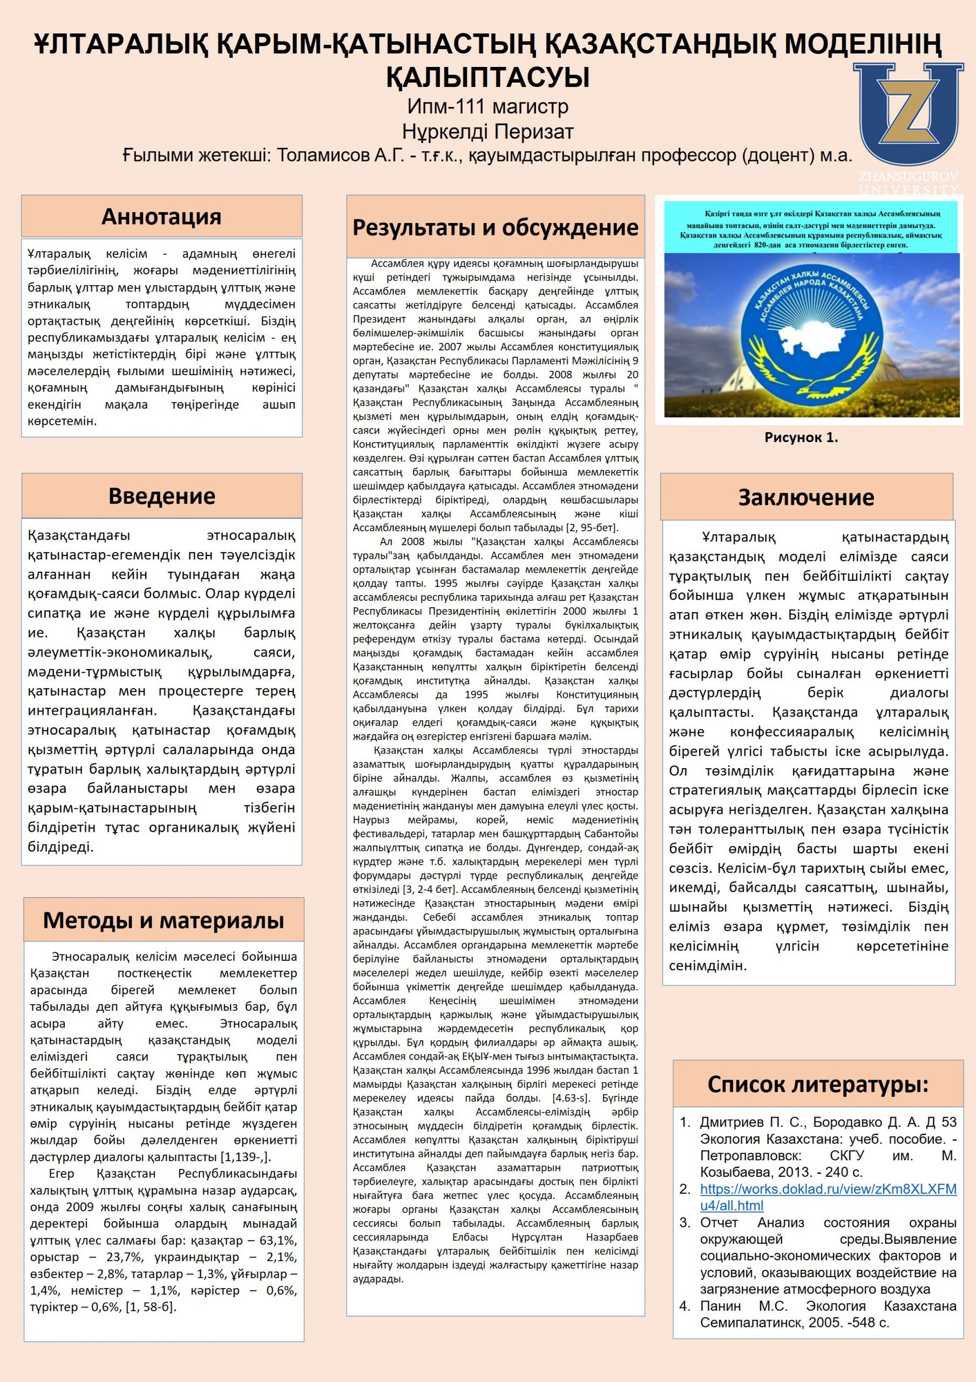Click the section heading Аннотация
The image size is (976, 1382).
click(x=161, y=216)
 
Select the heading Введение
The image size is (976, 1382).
click(x=161, y=496)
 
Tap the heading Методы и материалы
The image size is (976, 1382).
click(x=163, y=920)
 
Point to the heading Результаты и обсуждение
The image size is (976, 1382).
click(x=495, y=227)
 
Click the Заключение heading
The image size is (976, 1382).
click(x=806, y=497)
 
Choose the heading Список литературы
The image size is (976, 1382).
click(x=818, y=1084)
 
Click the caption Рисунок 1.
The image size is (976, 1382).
click(x=801, y=438)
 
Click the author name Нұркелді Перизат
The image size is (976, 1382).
click(x=487, y=131)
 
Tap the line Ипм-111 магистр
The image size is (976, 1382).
click(x=487, y=106)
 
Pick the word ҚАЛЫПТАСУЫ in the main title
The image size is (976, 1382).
click(x=487, y=77)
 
